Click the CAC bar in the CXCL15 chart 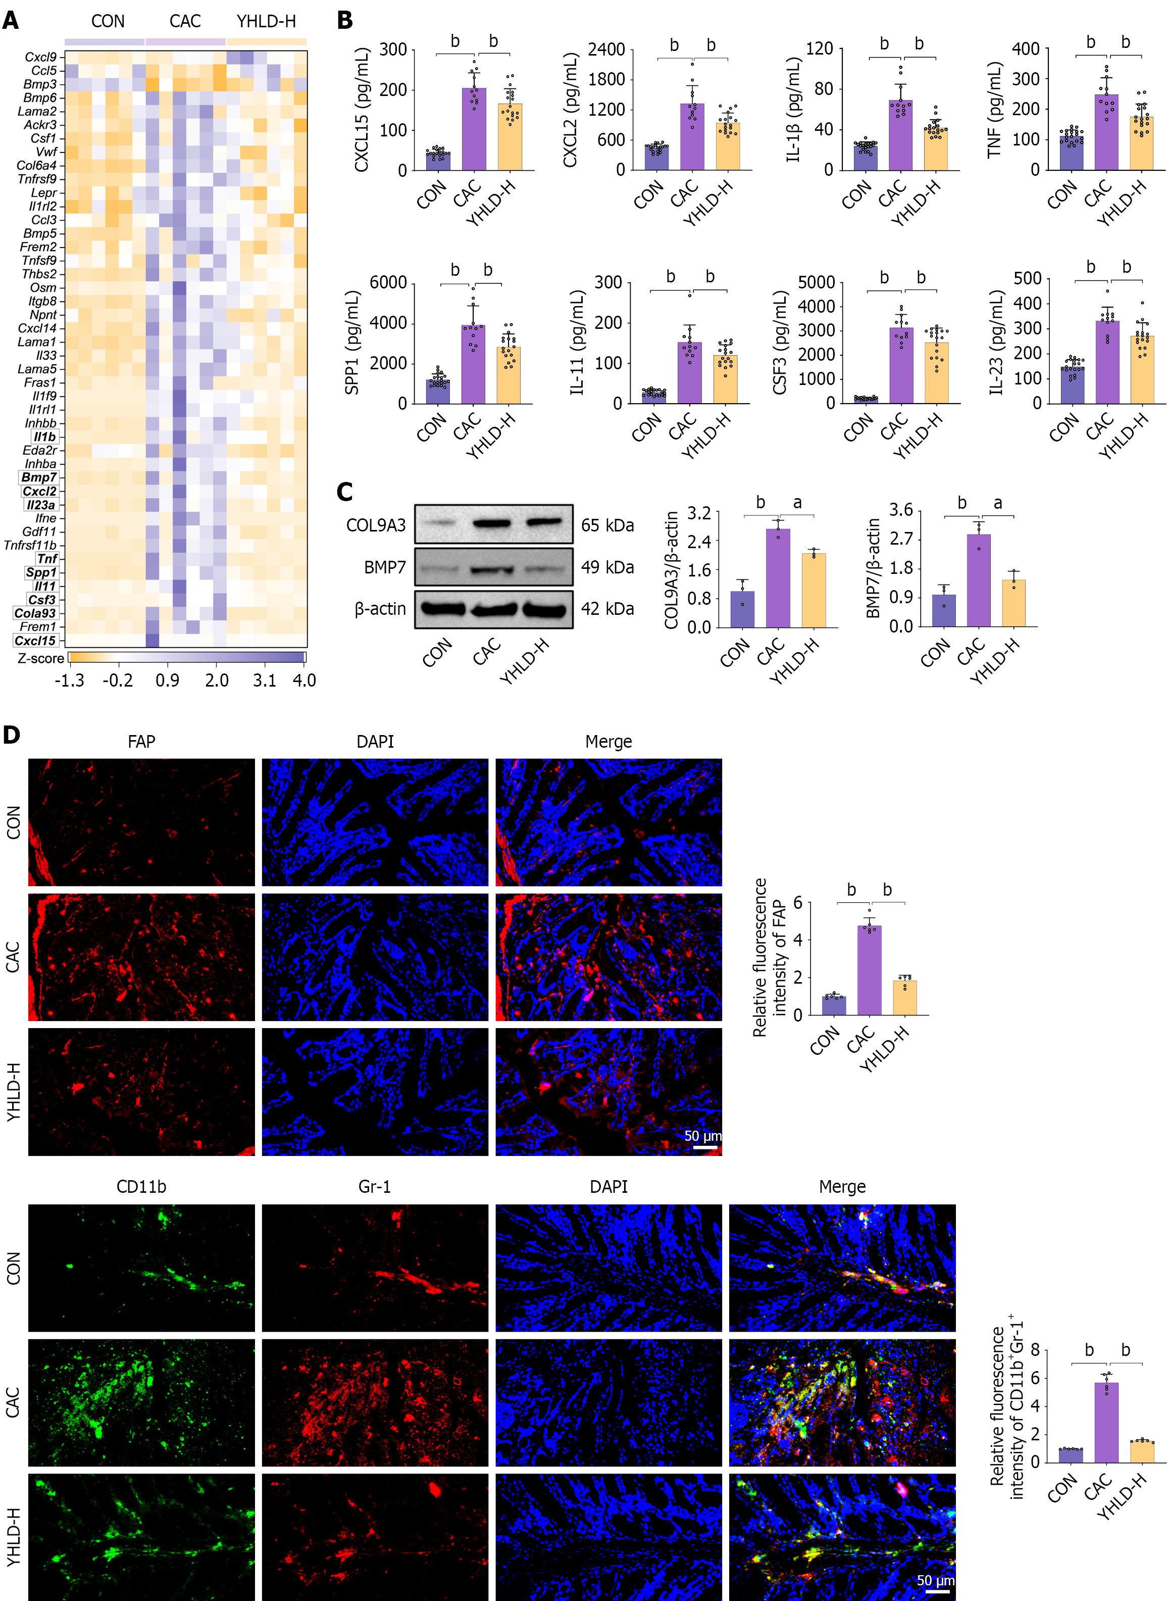[x=474, y=129]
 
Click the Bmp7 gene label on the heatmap [x=39, y=477]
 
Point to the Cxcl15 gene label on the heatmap [x=35, y=641]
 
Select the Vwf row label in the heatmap [x=46, y=152]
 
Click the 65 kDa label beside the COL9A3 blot [x=607, y=525]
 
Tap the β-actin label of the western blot [x=380, y=609]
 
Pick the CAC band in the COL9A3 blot [x=492, y=524]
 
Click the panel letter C [x=344, y=491]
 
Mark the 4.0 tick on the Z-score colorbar [x=304, y=680]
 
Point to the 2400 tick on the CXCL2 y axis [x=606, y=50]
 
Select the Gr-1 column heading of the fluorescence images [x=374, y=1186]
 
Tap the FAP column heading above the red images [x=141, y=741]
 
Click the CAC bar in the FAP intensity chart [x=869, y=969]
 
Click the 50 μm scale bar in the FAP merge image [x=705, y=1147]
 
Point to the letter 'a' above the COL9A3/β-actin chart [x=797, y=503]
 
